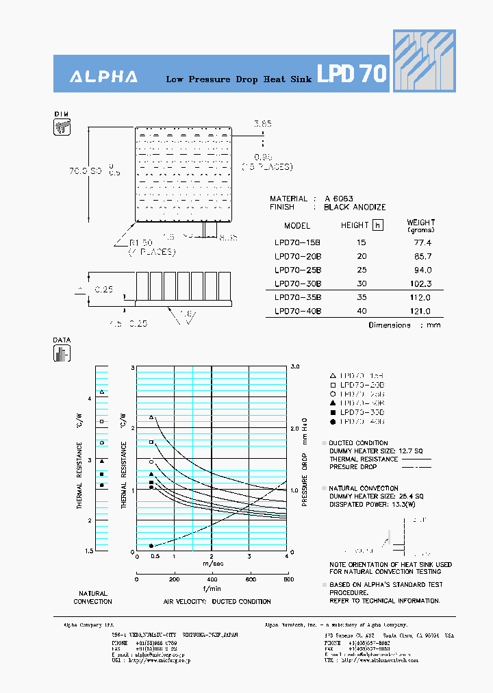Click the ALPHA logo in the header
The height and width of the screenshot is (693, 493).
pyautogui.click(x=103, y=77)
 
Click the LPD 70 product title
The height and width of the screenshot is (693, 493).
pyautogui.click(x=352, y=74)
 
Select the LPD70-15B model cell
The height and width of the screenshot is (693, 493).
pyautogui.click(x=297, y=242)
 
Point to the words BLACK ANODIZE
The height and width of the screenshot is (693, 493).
pyautogui.click(x=355, y=207)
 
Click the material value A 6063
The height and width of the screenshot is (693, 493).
pyautogui.click(x=339, y=199)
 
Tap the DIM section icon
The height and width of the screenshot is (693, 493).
pyautogui.click(x=62, y=127)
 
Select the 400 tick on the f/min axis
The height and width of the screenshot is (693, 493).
pyautogui.click(x=212, y=579)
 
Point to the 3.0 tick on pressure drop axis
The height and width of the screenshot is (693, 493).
pyautogui.click(x=295, y=367)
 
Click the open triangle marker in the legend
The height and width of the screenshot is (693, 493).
pyautogui.click(x=332, y=375)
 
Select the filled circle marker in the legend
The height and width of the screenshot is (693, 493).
pyautogui.click(x=332, y=422)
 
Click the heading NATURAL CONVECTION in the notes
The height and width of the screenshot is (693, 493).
pyautogui.click(x=364, y=488)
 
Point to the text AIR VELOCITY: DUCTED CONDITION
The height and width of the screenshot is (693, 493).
pyautogui.click(x=216, y=601)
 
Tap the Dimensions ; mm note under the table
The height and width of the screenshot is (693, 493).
pyautogui.click(x=405, y=325)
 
